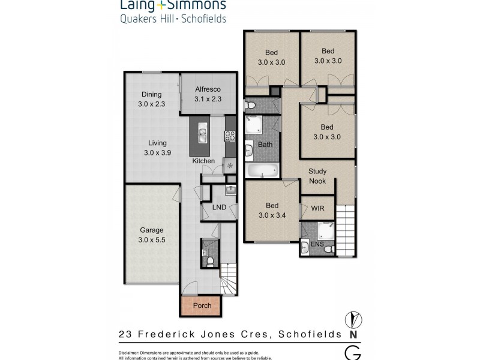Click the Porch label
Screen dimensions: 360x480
(202, 305)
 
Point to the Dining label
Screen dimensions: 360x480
(152, 94)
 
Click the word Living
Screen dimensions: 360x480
(158, 143)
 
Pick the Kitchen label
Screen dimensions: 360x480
(203, 161)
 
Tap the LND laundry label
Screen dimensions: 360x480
(220, 208)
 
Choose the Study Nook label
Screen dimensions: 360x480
(317, 176)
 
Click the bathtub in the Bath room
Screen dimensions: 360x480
(262, 171)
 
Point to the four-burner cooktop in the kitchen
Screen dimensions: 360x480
(229, 136)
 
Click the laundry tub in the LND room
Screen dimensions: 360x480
(230, 190)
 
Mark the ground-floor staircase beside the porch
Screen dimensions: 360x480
(229, 279)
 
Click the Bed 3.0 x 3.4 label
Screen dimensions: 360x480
(272, 210)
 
